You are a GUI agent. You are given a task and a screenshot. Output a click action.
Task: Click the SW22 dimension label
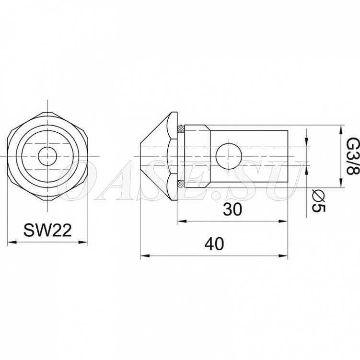click(47, 230)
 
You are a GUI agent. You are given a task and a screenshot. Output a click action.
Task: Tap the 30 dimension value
click(232, 209)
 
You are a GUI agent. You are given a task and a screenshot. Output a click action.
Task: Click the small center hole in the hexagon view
click(47, 156)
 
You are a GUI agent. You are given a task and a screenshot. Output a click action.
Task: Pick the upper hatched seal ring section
click(181, 128)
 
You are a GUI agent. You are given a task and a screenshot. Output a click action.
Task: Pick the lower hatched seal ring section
click(181, 184)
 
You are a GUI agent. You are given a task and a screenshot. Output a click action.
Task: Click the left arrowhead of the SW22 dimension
click(12, 242)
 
